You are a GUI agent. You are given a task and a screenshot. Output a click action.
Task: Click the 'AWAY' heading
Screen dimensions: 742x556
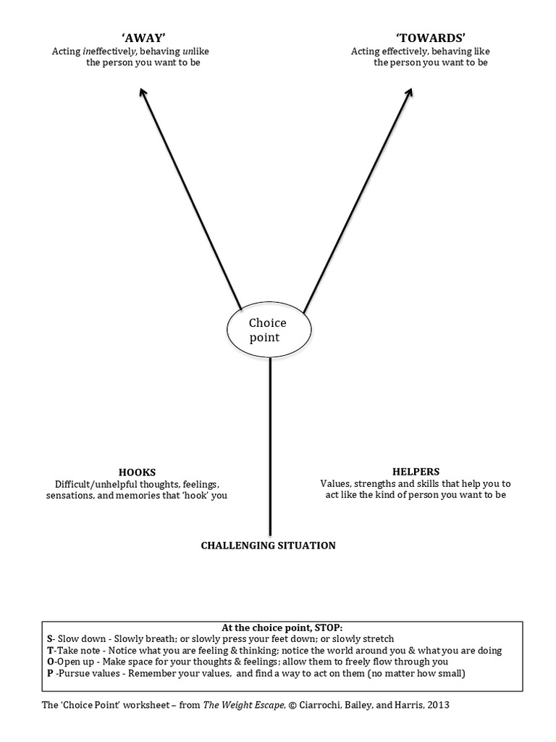(x=143, y=38)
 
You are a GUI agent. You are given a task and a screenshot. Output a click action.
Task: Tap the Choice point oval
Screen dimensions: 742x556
(x=269, y=330)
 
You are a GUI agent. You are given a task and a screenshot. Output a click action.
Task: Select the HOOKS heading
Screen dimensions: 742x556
(x=137, y=471)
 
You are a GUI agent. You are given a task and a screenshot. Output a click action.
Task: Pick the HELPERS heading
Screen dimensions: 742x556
(x=416, y=471)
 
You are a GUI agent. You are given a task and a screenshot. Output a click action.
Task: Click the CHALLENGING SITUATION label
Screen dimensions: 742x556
(x=268, y=545)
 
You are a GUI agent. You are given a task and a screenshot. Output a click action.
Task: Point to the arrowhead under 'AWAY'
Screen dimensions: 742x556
(x=143, y=93)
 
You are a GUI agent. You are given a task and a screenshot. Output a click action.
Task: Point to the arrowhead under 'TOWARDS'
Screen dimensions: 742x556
(x=409, y=93)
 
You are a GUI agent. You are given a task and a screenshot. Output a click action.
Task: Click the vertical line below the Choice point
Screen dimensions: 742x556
(x=270, y=449)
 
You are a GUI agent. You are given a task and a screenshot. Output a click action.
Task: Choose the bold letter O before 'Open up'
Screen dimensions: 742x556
(x=49, y=662)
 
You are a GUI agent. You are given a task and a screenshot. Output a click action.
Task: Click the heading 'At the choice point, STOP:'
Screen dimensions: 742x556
(x=282, y=628)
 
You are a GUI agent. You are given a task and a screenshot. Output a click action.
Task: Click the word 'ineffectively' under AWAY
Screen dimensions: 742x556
(x=109, y=51)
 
